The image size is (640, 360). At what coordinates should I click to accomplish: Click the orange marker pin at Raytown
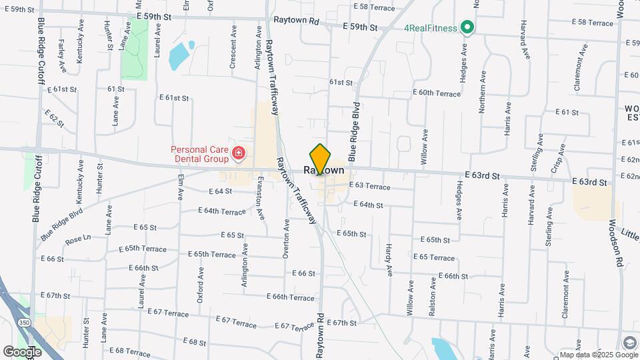(320, 159)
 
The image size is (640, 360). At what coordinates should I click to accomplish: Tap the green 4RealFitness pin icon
(467, 27)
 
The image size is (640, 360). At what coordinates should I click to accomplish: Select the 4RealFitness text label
(431, 28)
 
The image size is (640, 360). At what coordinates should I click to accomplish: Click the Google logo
(22, 352)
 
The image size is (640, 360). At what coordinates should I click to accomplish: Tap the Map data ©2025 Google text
(591, 355)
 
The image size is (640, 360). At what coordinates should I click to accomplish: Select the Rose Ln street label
(77, 239)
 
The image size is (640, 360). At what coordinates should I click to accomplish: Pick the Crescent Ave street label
(233, 47)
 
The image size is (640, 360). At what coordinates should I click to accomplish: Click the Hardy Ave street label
(387, 260)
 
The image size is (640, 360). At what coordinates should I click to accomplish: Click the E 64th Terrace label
(222, 211)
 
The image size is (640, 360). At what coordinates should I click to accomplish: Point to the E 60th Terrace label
(437, 93)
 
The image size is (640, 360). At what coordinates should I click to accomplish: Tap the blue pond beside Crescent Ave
(180, 56)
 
